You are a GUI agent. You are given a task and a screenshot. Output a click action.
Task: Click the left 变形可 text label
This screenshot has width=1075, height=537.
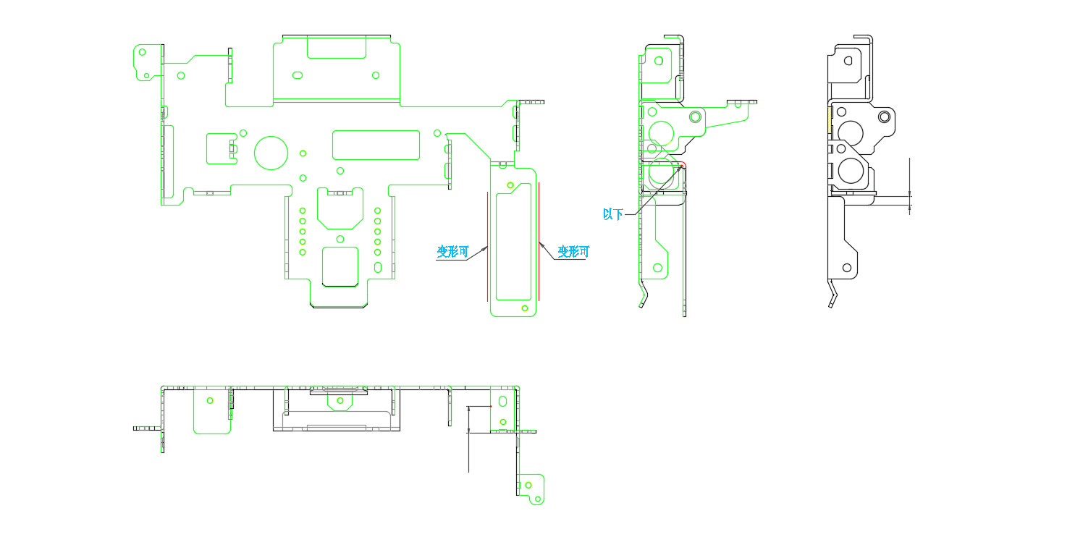pyautogui.click(x=452, y=252)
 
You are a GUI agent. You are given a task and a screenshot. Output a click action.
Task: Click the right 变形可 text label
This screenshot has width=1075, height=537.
pyautogui.click(x=573, y=252)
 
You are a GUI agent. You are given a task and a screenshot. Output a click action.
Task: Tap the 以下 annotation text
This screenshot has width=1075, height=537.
pyautogui.click(x=613, y=214)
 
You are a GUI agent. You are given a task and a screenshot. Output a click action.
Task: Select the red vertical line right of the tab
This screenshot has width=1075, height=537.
pyautogui.click(x=539, y=242)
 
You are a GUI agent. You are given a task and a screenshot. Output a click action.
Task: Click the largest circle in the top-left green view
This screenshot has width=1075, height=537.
pyautogui.click(x=271, y=153)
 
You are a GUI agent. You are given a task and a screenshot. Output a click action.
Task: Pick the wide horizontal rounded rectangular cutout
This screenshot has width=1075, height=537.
pyautogui.click(x=376, y=145)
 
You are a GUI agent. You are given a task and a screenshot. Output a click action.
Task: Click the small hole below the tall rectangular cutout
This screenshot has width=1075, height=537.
pyautogui.click(x=525, y=308)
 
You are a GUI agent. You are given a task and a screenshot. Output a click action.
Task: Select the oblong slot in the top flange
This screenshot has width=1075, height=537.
pyautogui.click(x=297, y=75)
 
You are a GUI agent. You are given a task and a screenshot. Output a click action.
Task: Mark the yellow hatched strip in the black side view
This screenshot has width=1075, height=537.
pyautogui.click(x=830, y=119)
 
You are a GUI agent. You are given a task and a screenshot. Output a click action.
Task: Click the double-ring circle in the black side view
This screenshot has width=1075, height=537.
pyautogui.click(x=884, y=117)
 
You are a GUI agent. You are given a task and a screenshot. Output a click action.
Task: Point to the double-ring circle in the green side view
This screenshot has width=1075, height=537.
pyautogui.click(x=695, y=117)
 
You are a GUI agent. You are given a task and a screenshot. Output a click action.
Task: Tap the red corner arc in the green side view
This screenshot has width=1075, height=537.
pyautogui.click(x=681, y=166)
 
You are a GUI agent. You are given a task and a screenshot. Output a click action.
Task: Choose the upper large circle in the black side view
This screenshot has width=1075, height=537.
pyautogui.click(x=851, y=132)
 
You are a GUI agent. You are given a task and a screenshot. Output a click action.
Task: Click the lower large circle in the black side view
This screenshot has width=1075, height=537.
pyautogui.click(x=851, y=171)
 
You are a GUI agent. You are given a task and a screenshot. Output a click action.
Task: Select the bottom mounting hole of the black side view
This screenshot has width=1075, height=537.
pyautogui.click(x=847, y=267)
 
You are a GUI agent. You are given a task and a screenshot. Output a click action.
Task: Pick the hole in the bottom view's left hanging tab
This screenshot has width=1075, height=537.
pyautogui.click(x=210, y=400)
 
